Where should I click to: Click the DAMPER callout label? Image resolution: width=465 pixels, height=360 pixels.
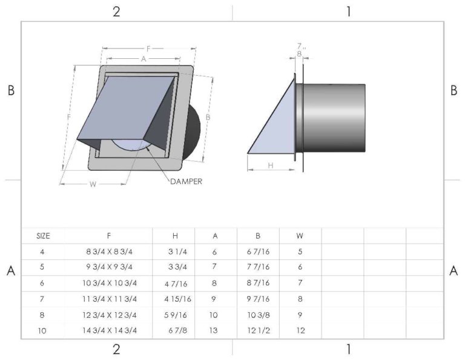[186, 181]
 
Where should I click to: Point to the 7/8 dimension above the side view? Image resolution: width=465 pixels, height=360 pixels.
[300, 50]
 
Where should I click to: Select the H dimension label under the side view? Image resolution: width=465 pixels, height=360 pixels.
[271, 165]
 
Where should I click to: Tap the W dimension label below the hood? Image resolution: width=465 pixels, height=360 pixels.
[93, 184]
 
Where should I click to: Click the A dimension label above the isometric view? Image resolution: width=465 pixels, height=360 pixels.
[143, 59]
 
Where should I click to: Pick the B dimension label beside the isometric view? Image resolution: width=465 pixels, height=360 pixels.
[208, 116]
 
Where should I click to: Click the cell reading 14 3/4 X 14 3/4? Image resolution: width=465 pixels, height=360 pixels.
[109, 331]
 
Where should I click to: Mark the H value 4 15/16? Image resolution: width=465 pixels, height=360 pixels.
[179, 299]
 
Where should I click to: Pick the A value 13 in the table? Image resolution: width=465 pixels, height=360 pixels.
[214, 331]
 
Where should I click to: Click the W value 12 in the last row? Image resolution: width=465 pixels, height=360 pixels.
[300, 331]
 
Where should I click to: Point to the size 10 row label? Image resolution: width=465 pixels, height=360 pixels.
[42, 331]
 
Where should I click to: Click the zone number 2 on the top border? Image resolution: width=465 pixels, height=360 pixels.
[116, 11]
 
